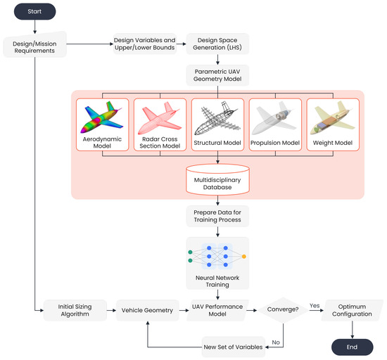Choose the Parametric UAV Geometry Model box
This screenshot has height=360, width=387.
218,75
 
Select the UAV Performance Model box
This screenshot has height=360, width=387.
218,309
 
